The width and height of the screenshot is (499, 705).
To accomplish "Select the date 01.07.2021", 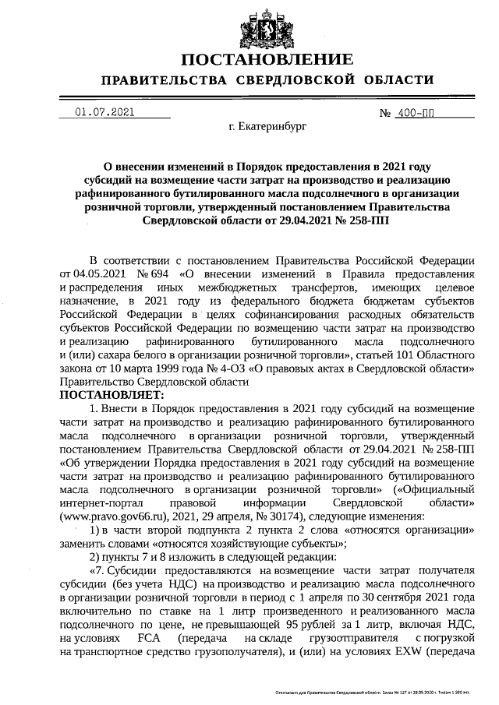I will [104, 113].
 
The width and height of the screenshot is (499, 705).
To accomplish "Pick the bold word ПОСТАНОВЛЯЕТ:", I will [107, 396].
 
